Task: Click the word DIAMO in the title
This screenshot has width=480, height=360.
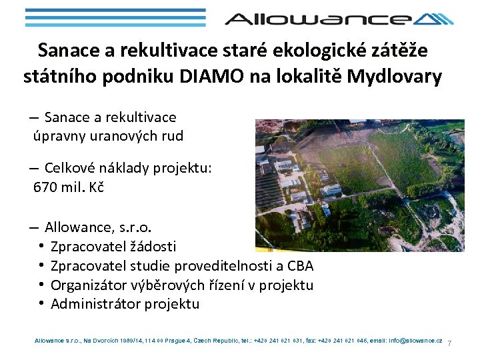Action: point(209,77)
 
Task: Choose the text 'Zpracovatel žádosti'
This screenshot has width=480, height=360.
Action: point(113,247)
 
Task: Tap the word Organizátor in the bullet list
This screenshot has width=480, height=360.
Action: point(89,285)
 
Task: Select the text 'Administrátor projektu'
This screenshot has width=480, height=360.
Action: point(125,304)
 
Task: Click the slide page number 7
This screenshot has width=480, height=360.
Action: point(449,343)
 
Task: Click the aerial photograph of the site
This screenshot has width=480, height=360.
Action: point(359,185)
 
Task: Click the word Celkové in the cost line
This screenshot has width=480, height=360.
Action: point(69,168)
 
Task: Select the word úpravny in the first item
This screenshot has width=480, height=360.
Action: point(57,137)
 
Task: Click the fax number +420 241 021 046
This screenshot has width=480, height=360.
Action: point(337,340)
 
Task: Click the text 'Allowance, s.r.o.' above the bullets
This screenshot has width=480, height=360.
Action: point(97,227)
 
